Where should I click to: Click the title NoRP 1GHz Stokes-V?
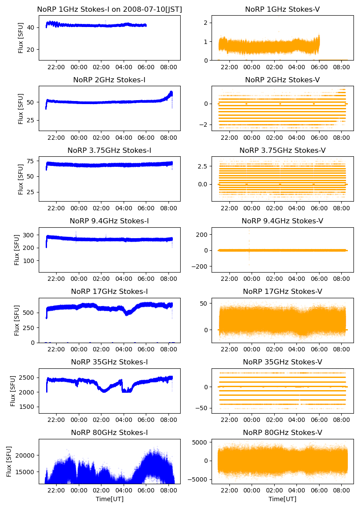[x=282, y=9]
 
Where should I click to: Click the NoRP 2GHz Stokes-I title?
[x=109, y=80]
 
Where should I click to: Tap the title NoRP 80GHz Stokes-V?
[x=282, y=432]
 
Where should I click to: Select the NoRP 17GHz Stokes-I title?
[x=109, y=291]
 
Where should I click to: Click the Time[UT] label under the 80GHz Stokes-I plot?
[x=109, y=499]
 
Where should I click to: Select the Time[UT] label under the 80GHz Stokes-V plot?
[x=282, y=499]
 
